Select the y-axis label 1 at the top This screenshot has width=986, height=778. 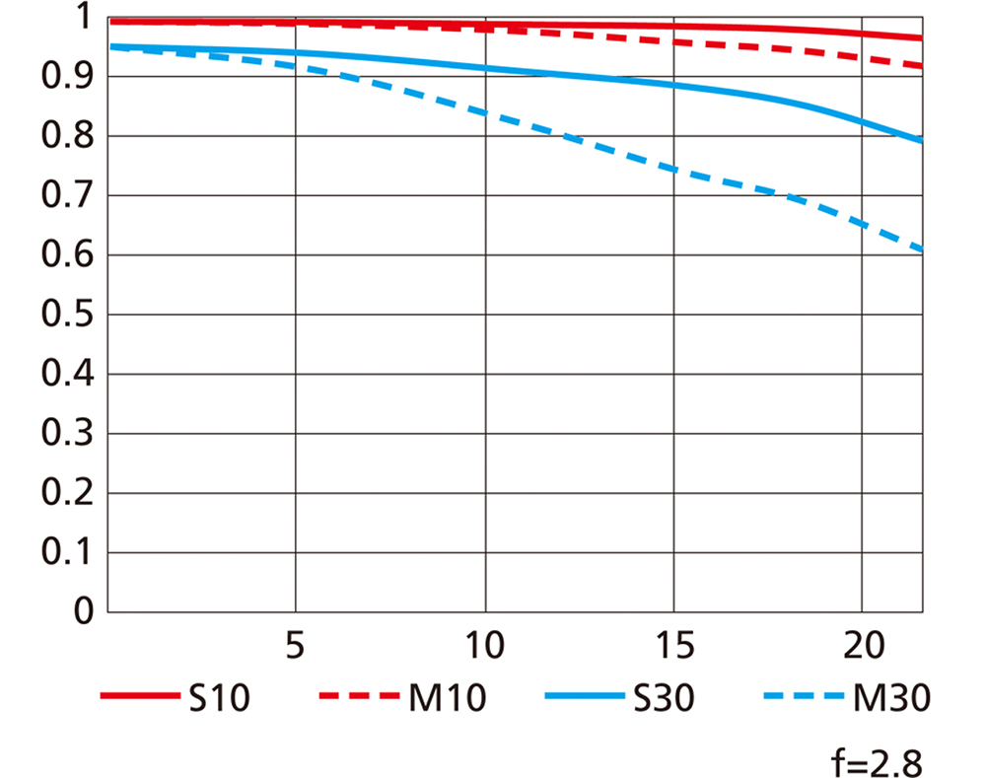click(85, 18)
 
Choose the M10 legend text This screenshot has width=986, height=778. click(447, 699)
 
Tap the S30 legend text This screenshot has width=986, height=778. click(665, 699)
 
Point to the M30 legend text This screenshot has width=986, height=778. click(891, 699)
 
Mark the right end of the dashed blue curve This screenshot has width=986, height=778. click(921, 250)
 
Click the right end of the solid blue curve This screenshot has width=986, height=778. click(921, 140)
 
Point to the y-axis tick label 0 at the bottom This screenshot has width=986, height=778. click(85, 612)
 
